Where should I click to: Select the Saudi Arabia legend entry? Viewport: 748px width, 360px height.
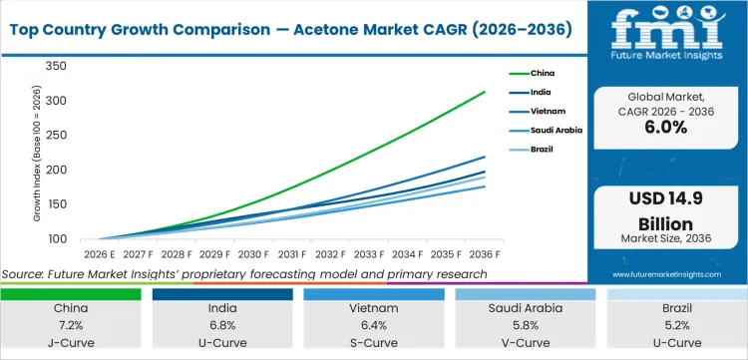coord(557,130)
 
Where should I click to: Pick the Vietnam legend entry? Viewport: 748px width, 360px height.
coord(548,111)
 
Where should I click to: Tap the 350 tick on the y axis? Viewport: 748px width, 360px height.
coord(55,67)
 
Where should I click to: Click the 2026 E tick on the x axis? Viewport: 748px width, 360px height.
coord(96,254)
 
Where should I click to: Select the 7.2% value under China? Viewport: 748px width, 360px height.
coord(75,325)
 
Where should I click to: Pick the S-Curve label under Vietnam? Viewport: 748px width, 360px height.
coord(378,341)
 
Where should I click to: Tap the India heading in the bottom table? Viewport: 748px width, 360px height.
coord(226,309)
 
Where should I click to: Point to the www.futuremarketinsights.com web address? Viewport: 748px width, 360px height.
coord(667,273)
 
